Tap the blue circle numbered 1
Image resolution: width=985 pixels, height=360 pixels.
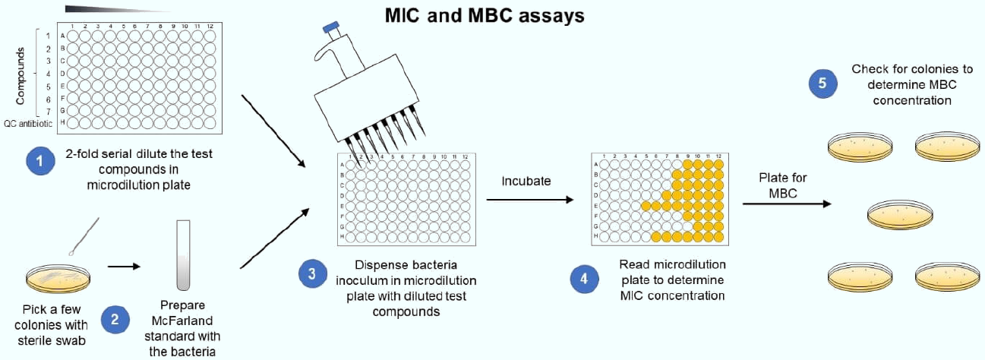(39, 161)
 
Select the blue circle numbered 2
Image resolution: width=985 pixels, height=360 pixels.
(115, 319)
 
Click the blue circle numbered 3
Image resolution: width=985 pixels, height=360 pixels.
(311, 276)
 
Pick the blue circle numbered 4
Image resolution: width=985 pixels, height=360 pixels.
(583, 279)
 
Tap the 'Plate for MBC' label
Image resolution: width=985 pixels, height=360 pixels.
(782, 185)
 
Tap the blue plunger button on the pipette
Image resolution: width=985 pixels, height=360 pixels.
(331, 28)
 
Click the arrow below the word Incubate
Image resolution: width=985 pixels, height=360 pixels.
(529, 200)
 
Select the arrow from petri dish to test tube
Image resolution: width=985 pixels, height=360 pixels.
(125, 267)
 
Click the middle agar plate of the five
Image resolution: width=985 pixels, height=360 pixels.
(898, 215)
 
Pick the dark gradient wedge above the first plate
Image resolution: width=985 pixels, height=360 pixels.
(114, 9)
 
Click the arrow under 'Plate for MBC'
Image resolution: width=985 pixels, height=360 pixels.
(786, 204)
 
